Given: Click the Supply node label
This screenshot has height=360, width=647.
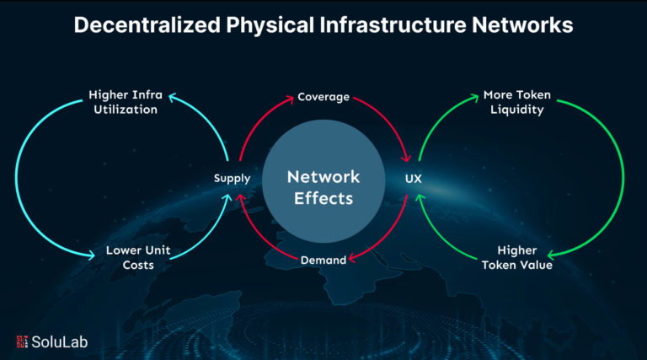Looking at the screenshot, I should coord(232,178).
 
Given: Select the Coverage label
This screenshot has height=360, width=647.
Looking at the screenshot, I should coord(323,97).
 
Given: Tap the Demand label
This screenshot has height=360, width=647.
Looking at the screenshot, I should coord(323,261).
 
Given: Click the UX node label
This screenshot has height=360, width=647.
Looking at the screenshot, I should coord(413,178).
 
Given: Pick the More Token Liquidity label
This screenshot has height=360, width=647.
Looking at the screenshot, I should coord(515,102).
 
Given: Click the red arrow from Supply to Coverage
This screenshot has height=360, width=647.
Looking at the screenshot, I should coord(253,122).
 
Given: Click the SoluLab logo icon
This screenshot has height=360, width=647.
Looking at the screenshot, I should coord(23,341).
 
